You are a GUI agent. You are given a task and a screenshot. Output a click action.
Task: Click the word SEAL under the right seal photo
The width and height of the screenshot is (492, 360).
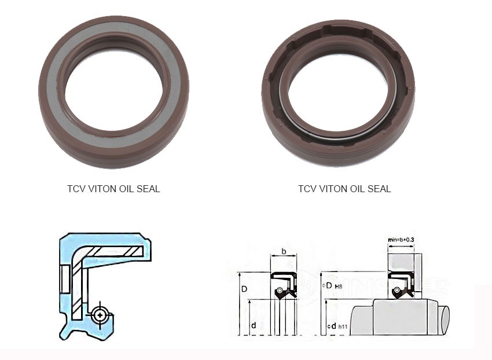(x=377, y=189)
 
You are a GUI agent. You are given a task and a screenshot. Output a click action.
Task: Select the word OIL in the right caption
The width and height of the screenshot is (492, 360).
(x=355, y=189)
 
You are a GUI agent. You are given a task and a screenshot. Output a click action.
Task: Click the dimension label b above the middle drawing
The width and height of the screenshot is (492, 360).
(x=284, y=251)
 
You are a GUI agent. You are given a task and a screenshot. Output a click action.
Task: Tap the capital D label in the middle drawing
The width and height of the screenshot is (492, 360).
(x=245, y=288)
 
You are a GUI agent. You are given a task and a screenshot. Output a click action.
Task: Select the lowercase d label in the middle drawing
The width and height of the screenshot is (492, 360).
(x=254, y=326)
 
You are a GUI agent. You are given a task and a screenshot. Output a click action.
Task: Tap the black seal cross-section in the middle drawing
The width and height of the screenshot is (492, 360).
(x=284, y=284)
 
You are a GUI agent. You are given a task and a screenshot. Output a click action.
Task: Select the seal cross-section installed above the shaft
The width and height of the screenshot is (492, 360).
(x=401, y=284)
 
